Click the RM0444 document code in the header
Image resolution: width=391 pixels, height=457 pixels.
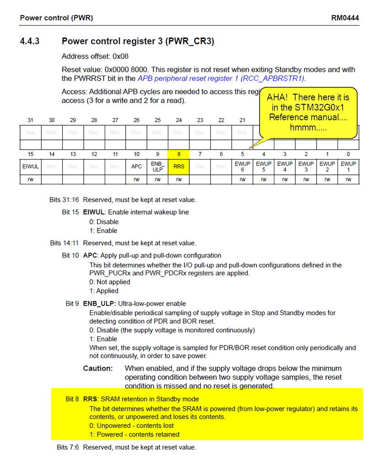pos(345,18)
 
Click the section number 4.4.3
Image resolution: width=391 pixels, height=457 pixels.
pos(30,42)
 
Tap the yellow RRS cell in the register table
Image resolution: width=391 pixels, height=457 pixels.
pos(179,167)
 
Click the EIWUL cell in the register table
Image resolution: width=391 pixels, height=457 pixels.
pos(30,167)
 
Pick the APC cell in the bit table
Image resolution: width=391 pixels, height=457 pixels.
pos(136,167)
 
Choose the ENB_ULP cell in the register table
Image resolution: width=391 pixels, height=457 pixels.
pos(158,167)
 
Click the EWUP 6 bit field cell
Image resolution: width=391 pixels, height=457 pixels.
pos(242,167)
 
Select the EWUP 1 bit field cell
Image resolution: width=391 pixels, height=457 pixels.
pos(348,167)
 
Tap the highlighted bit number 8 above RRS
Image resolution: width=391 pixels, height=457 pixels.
pos(179,154)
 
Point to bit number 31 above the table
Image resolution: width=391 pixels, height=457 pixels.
pos(30,120)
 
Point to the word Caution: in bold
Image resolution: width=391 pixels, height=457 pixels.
pos(98,368)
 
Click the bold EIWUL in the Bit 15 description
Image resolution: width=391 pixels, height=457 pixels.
pos(94,212)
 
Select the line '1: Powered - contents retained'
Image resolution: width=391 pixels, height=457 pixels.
pos(134,434)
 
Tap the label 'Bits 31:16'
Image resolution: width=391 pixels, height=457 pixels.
pos(64,200)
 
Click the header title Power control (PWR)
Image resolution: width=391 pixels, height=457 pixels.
pos(56,18)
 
